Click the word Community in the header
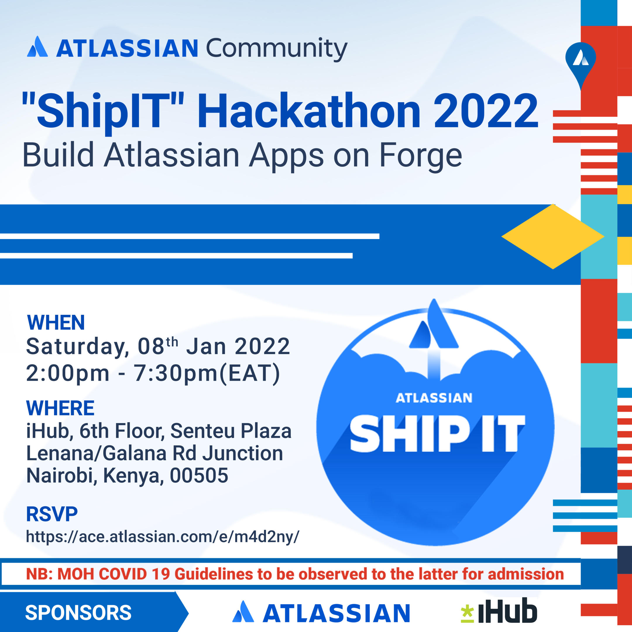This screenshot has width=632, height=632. click(x=276, y=48)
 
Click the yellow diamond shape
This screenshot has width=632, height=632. click(x=553, y=236)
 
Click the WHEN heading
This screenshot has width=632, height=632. click(x=56, y=322)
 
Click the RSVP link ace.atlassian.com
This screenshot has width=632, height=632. click(x=163, y=537)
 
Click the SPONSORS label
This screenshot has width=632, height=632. click(x=78, y=613)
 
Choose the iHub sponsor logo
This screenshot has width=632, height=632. click(x=499, y=612)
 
